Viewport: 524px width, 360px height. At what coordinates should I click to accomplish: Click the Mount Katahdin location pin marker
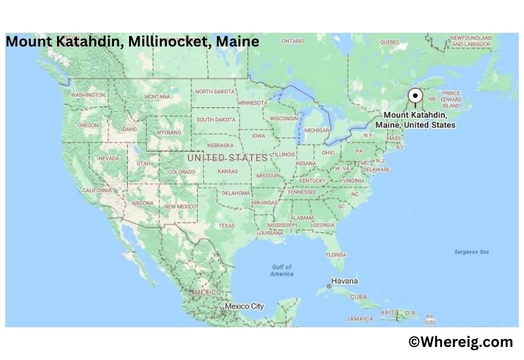click(415, 96)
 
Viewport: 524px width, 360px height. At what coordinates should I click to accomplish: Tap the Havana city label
click(345, 281)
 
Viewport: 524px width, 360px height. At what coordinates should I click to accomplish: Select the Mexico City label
click(244, 306)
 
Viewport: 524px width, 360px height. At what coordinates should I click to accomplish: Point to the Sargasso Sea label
click(472, 251)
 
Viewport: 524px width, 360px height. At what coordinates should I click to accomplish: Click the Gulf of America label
click(282, 270)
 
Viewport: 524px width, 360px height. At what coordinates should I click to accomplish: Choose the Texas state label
click(226, 226)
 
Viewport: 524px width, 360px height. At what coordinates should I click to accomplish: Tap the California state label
click(97, 190)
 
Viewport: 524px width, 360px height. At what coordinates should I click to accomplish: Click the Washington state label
click(88, 95)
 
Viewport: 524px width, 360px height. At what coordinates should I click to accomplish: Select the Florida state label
click(336, 255)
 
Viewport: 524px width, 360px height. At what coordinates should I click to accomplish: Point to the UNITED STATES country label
click(227, 158)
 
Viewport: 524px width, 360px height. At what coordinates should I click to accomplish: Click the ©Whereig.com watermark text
click(460, 342)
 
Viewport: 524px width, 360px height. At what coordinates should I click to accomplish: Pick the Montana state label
click(157, 97)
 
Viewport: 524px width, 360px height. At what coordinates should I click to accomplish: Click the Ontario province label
click(293, 41)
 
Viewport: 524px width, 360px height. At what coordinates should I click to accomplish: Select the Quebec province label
click(390, 42)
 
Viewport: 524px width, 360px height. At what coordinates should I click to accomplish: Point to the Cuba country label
click(359, 297)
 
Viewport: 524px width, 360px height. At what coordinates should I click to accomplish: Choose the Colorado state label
click(181, 172)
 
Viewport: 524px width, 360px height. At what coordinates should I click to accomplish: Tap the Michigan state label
click(317, 130)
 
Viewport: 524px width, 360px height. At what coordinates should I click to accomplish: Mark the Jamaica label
click(360, 319)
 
